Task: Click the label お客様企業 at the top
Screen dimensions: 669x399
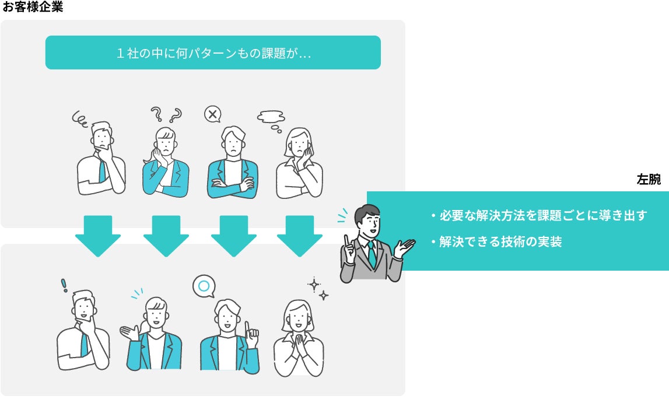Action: click(x=33, y=8)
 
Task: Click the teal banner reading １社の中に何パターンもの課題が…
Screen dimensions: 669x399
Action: click(x=213, y=53)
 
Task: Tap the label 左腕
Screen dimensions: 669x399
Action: click(x=649, y=180)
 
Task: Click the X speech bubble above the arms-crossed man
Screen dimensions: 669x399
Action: click(x=212, y=114)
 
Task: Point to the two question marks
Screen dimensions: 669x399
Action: click(x=166, y=114)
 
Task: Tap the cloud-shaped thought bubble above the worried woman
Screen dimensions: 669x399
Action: click(x=271, y=117)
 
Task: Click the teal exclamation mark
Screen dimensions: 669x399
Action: click(x=64, y=285)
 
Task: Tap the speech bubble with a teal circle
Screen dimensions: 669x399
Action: click(x=204, y=286)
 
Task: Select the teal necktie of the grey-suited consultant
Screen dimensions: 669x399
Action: click(x=372, y=254)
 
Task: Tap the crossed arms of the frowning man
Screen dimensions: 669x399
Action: click(x=232, y=185)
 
